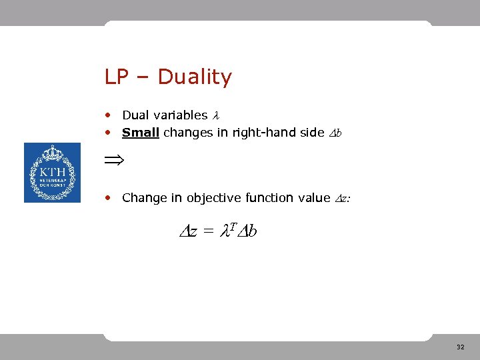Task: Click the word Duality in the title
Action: [195, 77]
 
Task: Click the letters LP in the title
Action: [116, 77]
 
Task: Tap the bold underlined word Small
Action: [140, 132]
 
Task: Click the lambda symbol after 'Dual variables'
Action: [215, 115]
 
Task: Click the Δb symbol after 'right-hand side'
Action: [336, 133]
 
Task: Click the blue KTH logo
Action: [52, 173]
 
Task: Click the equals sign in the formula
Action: [208, 232]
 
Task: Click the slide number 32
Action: [461, 347]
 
